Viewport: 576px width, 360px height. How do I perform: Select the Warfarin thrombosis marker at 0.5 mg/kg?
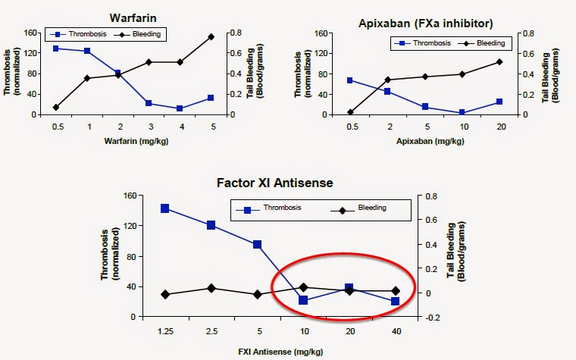click(x=56, y=49)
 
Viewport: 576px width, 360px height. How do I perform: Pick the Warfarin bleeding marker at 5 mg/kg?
click(x=211, y=36)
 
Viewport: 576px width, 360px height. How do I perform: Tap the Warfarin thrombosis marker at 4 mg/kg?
click(x=180, y=108)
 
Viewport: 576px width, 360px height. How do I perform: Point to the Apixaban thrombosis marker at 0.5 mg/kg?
click(x=350, y=80)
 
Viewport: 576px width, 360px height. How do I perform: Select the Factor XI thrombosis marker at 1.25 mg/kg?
click(x=165, y=208)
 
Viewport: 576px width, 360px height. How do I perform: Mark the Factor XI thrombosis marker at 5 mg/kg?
click(x=258, y=245)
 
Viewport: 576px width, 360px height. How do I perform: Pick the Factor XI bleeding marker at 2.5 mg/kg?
click(x=211, y=288)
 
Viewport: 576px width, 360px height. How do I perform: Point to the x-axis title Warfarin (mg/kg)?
click(x=133, y=141)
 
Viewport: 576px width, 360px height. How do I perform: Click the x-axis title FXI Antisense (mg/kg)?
click(x=280, y=349)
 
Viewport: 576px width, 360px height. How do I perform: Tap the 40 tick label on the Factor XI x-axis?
click(x=395, y=330)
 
